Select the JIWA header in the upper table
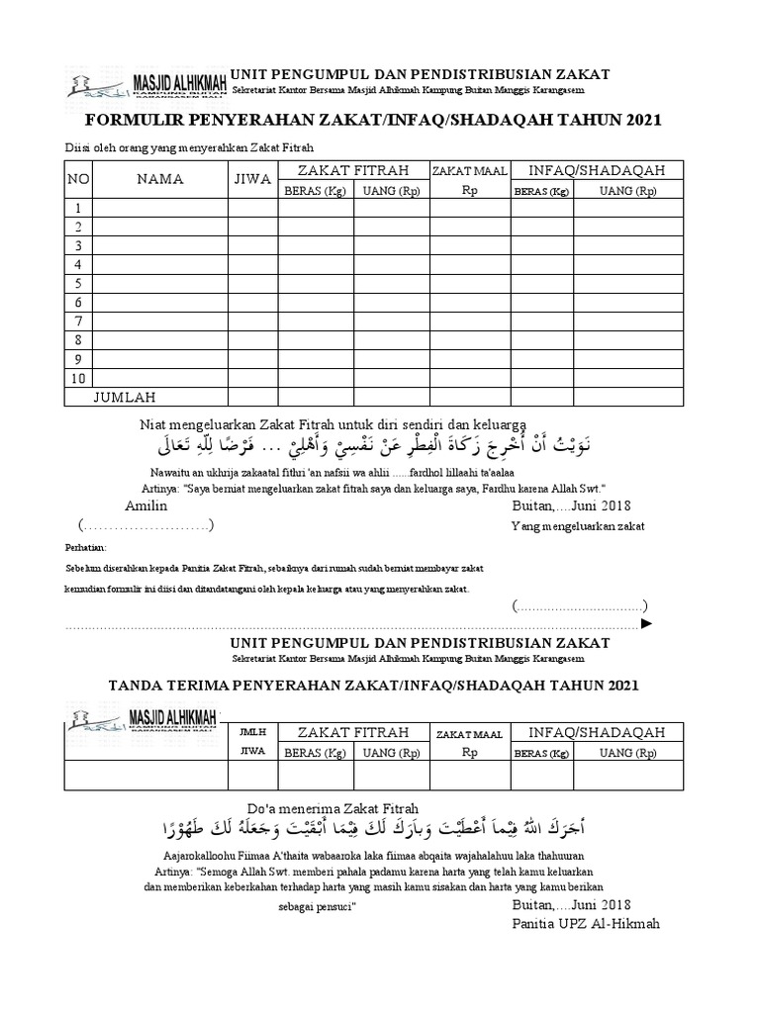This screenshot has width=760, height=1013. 252,179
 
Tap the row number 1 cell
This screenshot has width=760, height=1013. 77,209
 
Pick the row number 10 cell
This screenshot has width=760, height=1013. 78,378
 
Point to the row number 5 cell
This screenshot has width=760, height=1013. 77,284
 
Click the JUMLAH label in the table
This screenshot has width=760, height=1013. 125,397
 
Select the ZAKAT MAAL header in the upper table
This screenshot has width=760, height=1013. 470,172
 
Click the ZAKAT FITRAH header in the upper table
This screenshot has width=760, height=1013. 353,171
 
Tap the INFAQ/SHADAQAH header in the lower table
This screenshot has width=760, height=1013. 597,732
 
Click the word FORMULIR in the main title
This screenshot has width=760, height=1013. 132,120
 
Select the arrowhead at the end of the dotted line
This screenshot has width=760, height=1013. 647,624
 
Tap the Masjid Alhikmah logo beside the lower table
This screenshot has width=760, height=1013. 144,717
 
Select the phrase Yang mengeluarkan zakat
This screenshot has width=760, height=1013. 577,526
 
